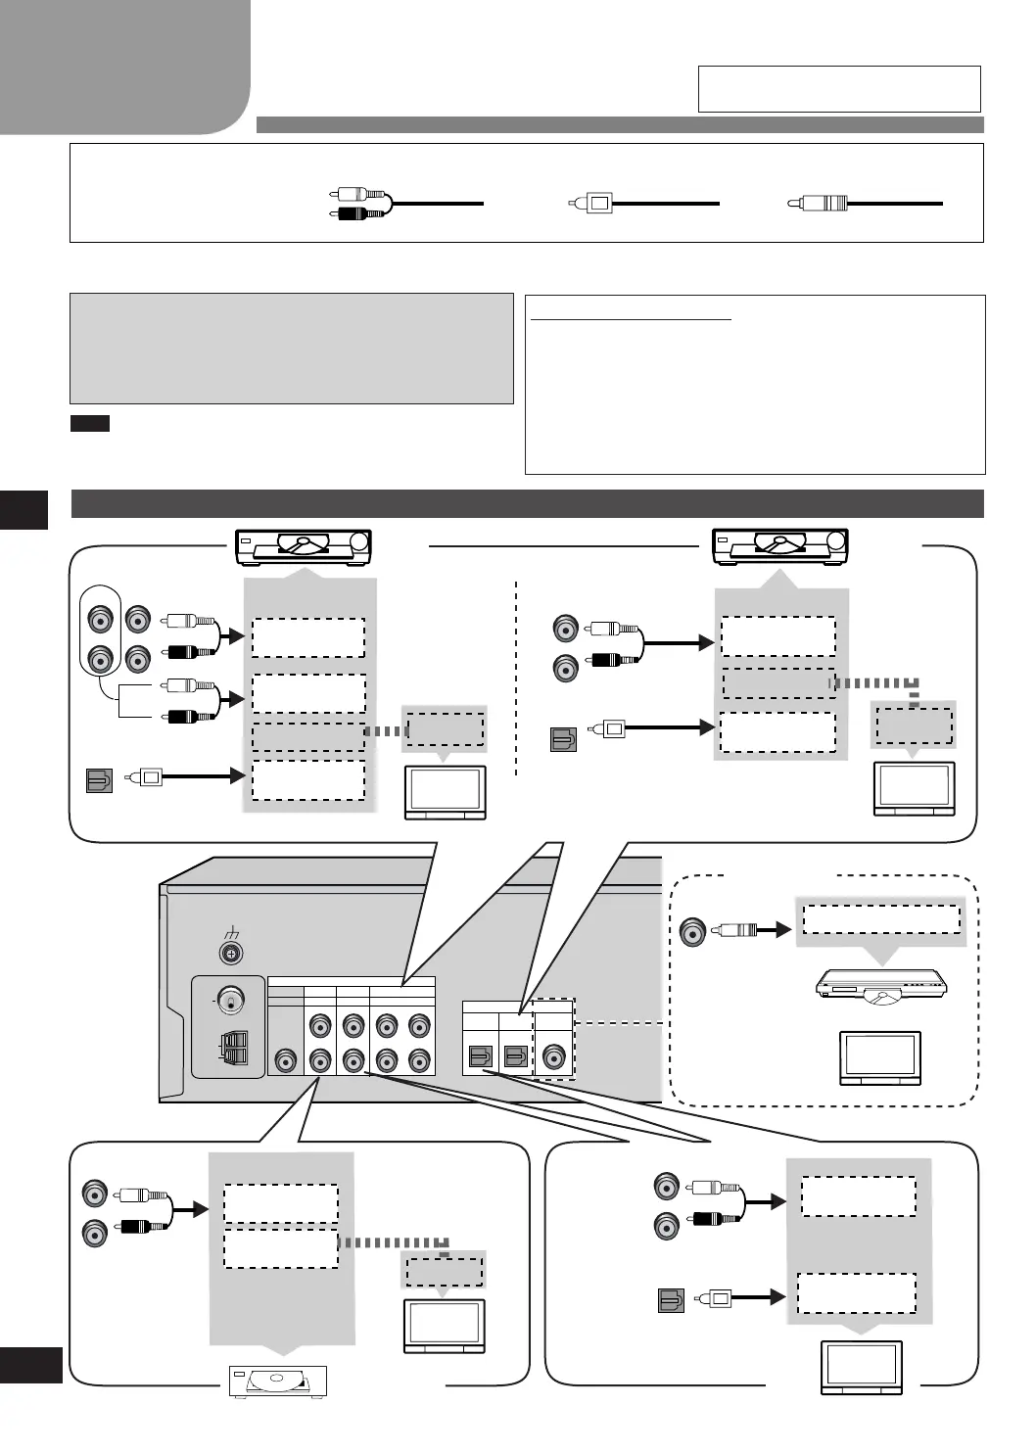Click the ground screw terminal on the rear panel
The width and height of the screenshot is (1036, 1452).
tap(233, 953)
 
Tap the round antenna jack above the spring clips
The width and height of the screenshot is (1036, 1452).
tap(232, 1000)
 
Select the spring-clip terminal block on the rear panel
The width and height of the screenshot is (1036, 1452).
tap(235, 1049)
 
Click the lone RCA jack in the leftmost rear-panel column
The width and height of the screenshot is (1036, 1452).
tap(285, 1060)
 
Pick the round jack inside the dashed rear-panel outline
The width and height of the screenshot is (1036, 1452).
tap(554, 1057)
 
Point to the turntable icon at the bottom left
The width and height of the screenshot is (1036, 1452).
tap(277, 1382)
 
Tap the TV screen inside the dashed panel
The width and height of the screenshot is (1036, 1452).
tap(880, 1057)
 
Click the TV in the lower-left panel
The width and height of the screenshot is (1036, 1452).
tap(444, 1327)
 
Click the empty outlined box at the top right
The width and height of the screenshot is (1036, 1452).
tap(839, 89)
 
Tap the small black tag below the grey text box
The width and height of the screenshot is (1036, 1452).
tap(89, 424)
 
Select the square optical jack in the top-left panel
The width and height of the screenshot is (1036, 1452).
tap(99, 780)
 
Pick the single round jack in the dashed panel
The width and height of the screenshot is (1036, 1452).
tap(692, 931)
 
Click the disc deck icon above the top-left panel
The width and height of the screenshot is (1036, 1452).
tap(304, 546)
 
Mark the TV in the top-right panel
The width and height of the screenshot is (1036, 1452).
tap(914, 788)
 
